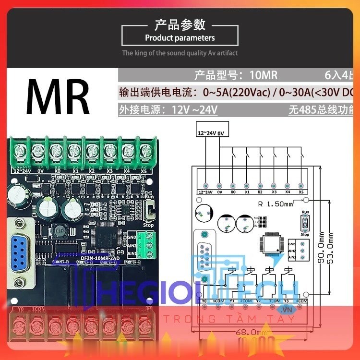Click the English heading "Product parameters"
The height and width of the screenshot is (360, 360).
tap(180, 38)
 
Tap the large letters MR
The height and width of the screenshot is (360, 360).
tap(58, 96)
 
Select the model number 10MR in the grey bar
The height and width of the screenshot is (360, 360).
tap(264, 75)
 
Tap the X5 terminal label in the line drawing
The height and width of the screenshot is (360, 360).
tap(300, 192)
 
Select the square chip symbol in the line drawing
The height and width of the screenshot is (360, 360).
tap(270, 244)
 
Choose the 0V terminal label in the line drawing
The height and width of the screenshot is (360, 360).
tap(219, 192)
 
